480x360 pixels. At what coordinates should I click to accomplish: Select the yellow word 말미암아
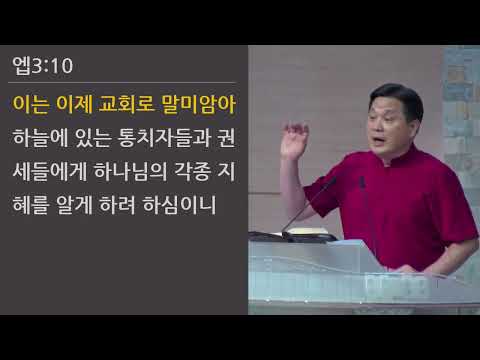(x=207, y=103)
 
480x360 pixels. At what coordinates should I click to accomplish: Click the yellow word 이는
(x=32, y=103)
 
